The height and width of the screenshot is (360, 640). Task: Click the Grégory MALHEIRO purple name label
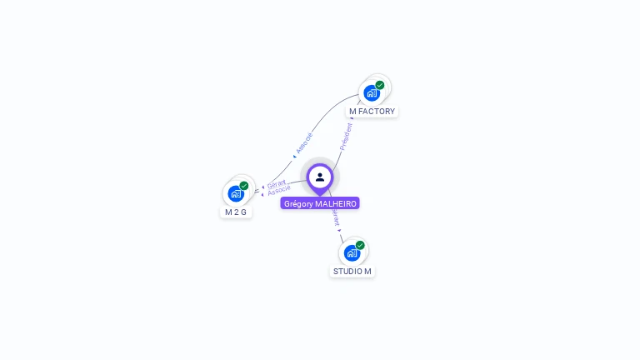coord(320,203)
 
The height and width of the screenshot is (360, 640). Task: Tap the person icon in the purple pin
coord(320,177)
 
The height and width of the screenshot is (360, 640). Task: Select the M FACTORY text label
coord(372,111)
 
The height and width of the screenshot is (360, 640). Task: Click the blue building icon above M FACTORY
coord(372,92)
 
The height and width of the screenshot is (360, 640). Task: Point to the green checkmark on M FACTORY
coord(380,85)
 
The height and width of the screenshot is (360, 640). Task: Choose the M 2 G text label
coord(236,212)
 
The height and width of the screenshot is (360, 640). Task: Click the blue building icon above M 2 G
coord(236,193)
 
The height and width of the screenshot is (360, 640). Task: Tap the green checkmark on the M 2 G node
coord(244,186)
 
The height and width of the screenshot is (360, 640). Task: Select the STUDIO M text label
coord(352,271)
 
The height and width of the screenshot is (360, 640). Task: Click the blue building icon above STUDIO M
coord(352,252)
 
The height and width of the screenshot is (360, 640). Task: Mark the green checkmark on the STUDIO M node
coord(360,245)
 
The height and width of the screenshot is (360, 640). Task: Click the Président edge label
coord(346,137)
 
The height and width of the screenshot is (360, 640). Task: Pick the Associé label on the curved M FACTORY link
coord(304,142)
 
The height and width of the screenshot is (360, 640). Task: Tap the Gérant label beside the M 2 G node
coord(277,183)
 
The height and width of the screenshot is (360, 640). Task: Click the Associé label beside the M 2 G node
coord(279,191)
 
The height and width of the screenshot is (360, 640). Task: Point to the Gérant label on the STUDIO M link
coord(336,218)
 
